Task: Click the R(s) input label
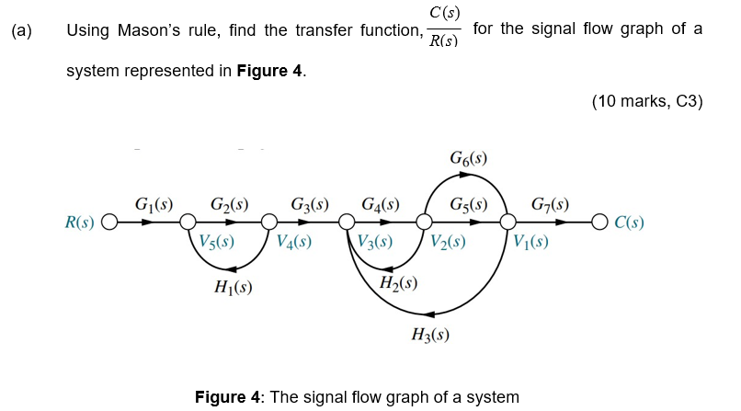[x=81, y=223]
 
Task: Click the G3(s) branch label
[x=309, y=203]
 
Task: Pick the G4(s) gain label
[x=380, y=203]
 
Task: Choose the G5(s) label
[x=468, y=203]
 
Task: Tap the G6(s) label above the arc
[x=468, y=159]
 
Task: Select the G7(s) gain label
[x=550, y=203]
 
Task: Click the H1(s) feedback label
[x=234, y=287]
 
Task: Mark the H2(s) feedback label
[x=399, y=281]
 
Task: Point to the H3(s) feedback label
[x=430, y=335]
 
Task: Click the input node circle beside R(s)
[x=109, y=223]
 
